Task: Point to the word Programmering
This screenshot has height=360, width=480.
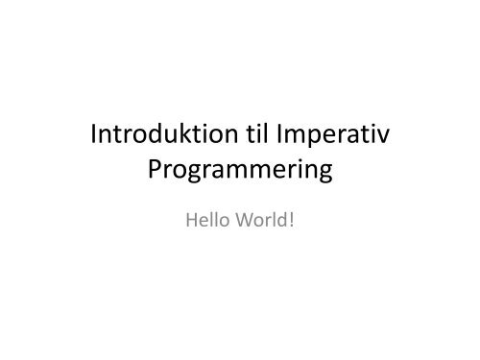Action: click(240, 174)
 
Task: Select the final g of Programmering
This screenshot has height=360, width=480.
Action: click(324, 177)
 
